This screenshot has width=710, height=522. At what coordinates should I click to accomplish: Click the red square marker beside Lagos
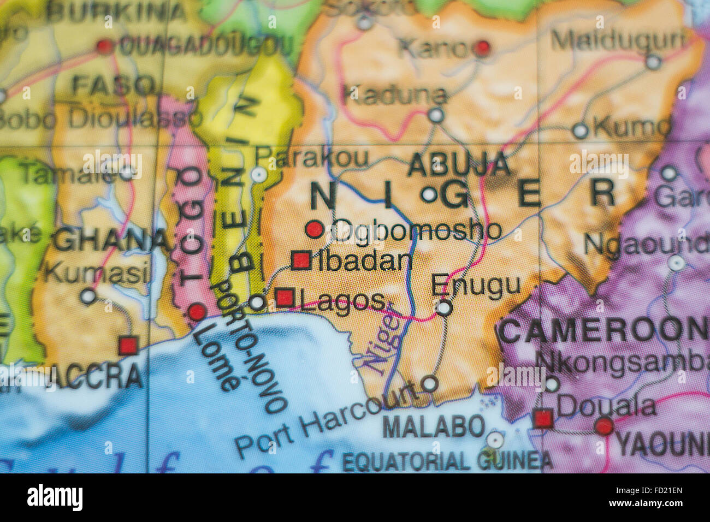(285, 298)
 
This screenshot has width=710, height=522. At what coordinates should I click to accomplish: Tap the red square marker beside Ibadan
(300, 260)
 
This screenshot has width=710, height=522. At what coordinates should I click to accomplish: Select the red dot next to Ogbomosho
(314, 229)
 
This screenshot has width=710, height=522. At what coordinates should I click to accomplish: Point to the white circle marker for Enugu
(445, 308)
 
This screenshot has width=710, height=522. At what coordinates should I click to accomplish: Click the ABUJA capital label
(459, 164)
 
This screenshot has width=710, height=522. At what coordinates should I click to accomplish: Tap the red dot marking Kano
(482, 49)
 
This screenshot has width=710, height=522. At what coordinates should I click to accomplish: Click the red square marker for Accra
(128, 345)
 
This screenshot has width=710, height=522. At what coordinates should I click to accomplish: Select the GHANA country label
(112, 240)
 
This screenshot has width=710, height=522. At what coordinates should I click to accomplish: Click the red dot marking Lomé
(197, 312)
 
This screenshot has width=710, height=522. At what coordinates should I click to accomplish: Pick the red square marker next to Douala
(543, 419)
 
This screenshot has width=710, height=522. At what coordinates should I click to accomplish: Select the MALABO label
(434, 426)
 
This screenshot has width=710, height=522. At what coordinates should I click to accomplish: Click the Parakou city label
(312, 158)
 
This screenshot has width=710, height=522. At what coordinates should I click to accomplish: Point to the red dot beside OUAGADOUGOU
(104, 46)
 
